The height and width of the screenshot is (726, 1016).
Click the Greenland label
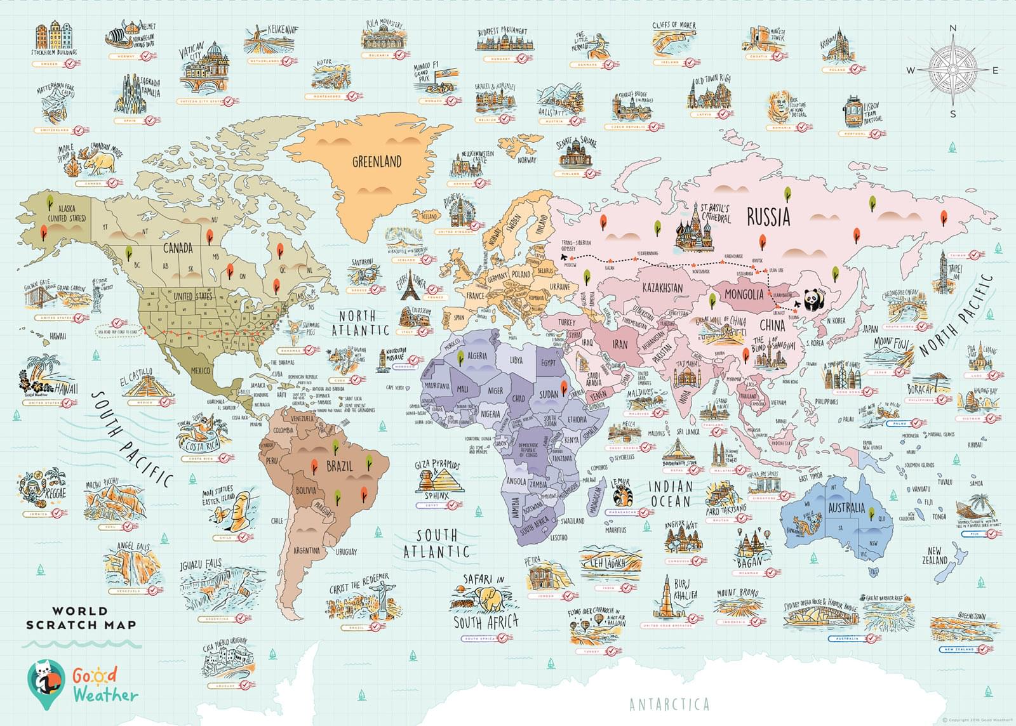377,162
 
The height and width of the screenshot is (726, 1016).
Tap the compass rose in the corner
952,70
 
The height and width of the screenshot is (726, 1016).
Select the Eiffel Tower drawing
410,288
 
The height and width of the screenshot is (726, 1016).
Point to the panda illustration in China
812,300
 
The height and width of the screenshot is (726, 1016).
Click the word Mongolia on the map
744,294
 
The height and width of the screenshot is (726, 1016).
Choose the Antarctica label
669,704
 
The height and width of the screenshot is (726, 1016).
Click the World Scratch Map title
81,617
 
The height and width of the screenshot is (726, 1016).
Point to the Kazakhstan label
662,288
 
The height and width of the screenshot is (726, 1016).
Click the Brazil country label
339,466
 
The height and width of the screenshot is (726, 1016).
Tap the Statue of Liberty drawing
97,296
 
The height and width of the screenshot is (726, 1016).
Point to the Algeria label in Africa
477,356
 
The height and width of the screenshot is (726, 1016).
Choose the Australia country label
846,508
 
